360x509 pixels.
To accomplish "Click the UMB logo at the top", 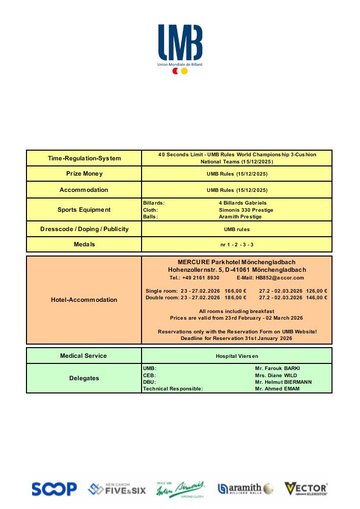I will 180,43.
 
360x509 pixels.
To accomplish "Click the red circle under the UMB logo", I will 175,71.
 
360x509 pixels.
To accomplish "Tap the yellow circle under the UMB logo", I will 184,71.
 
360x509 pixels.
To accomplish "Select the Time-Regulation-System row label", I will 85,158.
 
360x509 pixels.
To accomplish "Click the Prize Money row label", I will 85,174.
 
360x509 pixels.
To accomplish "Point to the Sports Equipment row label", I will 84,210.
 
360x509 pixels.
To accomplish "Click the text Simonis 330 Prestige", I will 246,210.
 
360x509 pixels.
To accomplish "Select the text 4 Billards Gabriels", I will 242,203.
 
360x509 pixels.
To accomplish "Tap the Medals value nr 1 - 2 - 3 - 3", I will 237,245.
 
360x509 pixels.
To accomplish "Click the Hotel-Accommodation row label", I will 84,300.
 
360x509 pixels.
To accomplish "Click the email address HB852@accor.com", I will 280,278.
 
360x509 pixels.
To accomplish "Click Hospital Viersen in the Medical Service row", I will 237,356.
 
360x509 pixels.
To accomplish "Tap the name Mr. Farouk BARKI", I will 281,367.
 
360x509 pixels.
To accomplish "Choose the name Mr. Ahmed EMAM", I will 278,389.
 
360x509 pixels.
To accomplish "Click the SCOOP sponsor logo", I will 54,489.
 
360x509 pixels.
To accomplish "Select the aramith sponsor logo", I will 245,489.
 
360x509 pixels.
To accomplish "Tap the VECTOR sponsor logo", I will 306,489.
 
